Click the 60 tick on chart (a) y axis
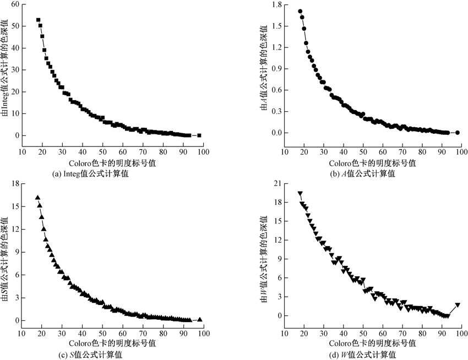(15, 4)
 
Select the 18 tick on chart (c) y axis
(15, 183)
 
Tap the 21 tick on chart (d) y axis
(277, 183)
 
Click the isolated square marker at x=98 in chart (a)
(199, 135)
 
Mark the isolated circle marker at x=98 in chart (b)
(458, 133)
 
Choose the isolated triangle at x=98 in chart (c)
(199, 319)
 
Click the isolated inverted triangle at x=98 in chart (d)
(458, 305)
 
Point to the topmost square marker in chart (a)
(38, 20)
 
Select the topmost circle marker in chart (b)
(300, 11)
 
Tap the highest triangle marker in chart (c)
(38, 197)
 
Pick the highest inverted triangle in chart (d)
(300, 194)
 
